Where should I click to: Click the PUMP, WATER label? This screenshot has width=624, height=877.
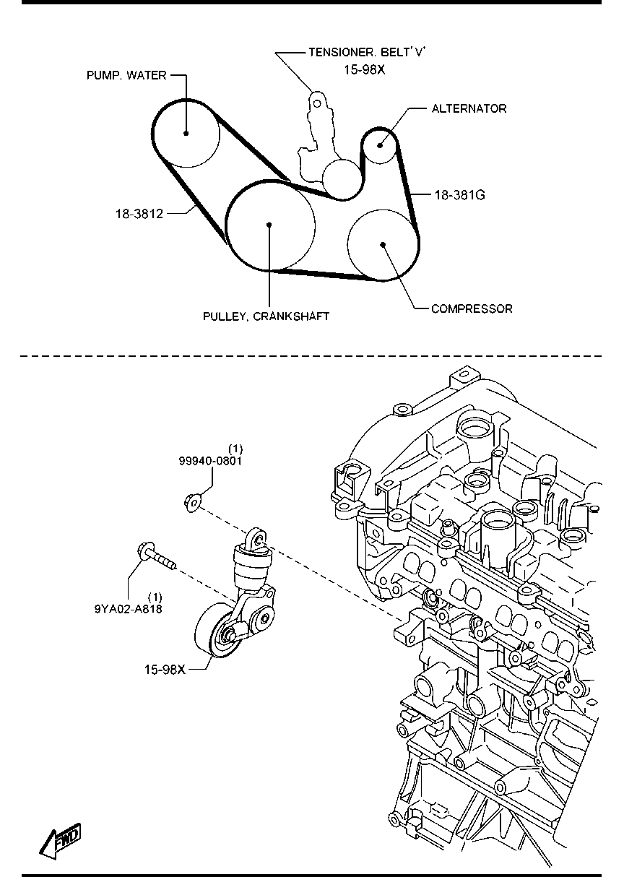click(x=126, y=75)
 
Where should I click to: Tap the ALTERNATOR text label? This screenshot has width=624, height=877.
click(x=469, y=108)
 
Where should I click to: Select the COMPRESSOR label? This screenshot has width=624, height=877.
click(x=472, y=309)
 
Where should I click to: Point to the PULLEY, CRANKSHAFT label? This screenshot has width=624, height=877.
click(x=266, y=316)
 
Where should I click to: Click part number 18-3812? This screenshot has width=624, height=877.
click(x=139, y=214)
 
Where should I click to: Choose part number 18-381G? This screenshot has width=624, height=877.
click(x=459, y=194)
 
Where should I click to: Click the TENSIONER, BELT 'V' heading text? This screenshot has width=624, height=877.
click(x=367, y=52)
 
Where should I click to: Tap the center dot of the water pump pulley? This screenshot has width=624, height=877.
click(x=186, y=133)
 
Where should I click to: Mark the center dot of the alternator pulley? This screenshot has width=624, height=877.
click(x=380, y=145)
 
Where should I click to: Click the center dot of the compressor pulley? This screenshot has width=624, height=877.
click(x=383, y=245)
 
